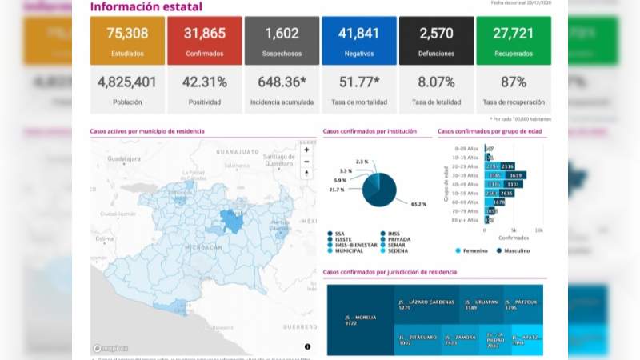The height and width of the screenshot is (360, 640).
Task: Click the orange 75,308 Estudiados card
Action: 127,41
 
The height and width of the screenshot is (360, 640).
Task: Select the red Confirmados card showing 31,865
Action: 204,41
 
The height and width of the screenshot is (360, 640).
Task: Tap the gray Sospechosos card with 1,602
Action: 282,41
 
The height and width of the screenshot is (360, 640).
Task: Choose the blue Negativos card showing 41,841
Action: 358,41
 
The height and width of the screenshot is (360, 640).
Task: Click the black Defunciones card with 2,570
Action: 436,41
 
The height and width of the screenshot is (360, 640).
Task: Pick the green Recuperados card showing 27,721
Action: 513,41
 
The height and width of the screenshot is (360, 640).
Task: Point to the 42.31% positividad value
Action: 204,82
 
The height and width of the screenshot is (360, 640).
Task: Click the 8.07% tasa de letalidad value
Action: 436,82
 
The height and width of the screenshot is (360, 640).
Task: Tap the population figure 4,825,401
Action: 127,82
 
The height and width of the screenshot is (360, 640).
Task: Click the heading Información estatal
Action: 146,7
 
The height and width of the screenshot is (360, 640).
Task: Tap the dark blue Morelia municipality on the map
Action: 234,221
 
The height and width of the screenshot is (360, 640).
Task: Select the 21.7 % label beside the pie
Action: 336,190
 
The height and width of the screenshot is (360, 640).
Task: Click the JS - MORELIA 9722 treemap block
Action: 360,320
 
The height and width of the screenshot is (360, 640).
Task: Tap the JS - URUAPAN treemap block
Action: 482,305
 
